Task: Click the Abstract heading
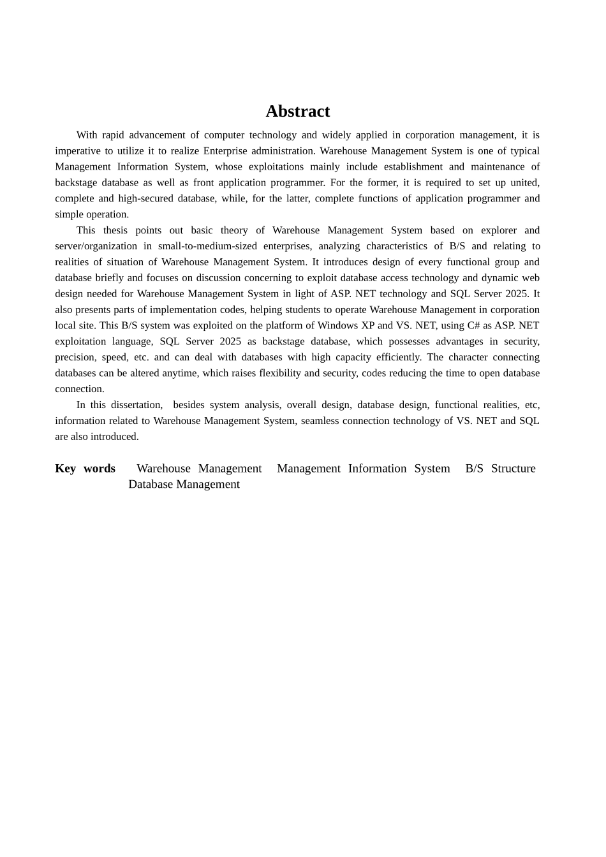(x=297, y=112)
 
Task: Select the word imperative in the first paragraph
(x=77, y=151)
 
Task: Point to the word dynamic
(x=499, y=278)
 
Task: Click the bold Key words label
(x=85, y=469)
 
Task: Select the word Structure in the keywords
(x=513, y=469)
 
